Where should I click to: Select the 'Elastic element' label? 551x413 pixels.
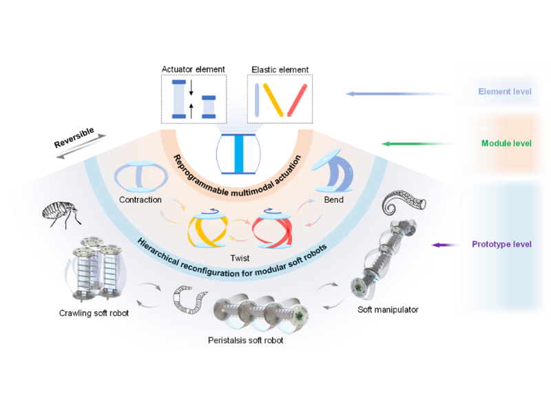pos(279,69)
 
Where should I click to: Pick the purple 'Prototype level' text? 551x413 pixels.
pos(501,244)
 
